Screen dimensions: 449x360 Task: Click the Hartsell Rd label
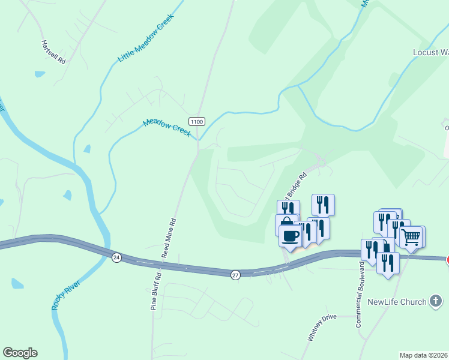coord(53,52)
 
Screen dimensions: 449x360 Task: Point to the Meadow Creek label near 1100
coord(166,127)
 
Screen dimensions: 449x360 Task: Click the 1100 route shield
coord(197,121)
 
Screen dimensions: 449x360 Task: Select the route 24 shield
coord(116,257)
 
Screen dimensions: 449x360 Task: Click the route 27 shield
coord(235,274)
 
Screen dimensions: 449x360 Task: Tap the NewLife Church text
coord(397,302)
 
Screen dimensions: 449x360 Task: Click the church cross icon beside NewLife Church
coord(436,302)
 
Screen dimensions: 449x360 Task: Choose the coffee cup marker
coord(291,235)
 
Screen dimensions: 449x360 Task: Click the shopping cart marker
coord(411,236)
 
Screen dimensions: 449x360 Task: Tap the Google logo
coord(20,353)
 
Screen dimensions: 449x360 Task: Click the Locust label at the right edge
coord(430,52)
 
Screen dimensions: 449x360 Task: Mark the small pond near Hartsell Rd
coord(40,74)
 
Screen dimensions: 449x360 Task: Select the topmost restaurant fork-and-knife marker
coord(323,205)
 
